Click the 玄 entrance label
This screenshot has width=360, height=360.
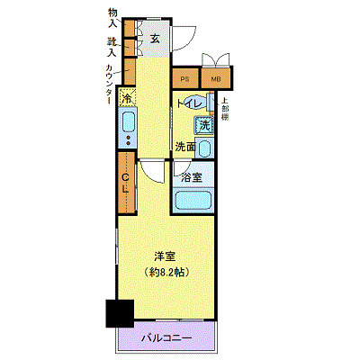click(x=155, y=38)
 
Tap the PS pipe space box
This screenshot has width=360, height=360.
click(x=184, y=79)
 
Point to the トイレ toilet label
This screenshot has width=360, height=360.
click(x=189, y=104)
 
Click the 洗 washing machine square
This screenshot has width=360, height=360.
click(x=204, y=126)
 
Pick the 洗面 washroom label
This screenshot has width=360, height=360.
click(x=186, y=146)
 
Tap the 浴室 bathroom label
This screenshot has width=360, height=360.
click(x=192, y=177)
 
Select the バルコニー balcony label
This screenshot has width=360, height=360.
click(x=166, y=338)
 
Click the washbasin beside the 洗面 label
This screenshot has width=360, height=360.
click(x=205, y=148)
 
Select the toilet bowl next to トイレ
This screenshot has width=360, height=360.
click(x=210, y=103)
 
